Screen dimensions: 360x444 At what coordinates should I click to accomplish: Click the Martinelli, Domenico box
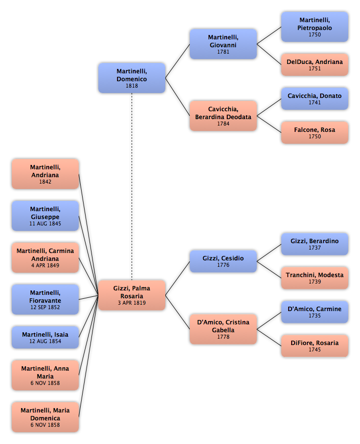132,78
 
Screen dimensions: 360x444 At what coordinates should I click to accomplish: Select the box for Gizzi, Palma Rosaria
132,295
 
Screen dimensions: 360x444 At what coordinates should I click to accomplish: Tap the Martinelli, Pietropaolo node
314,27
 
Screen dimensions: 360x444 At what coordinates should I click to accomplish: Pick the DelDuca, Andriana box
314,64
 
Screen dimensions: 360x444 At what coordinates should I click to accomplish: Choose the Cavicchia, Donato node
314,98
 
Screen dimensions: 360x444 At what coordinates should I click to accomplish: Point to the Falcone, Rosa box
314,132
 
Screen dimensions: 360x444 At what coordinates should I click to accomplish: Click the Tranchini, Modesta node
314,278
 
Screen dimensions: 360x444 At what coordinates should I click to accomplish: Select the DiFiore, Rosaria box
314,346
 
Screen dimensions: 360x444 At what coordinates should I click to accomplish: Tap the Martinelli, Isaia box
45,337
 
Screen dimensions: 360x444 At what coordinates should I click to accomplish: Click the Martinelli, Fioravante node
45,299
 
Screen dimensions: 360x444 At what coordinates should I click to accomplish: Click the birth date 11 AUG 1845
45,223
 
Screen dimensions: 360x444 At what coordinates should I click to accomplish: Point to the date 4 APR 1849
45,266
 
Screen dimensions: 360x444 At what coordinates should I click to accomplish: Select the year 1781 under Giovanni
223,52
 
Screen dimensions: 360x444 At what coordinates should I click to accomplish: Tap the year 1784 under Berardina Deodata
223,124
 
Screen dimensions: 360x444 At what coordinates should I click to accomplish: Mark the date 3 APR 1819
132,303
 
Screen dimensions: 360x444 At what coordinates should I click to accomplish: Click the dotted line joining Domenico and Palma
132,187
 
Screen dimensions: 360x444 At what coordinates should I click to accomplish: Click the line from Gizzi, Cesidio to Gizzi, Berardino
269,253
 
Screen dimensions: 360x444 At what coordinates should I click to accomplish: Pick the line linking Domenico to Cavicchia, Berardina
178,97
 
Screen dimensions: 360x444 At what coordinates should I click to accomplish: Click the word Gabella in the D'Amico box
223,330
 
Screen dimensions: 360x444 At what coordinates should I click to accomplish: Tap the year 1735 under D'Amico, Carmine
314,316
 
